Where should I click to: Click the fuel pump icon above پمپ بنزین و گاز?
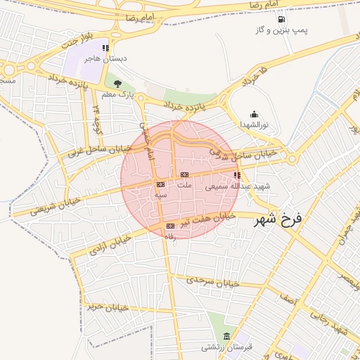(281, 19)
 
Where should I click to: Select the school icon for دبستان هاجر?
(105, 49)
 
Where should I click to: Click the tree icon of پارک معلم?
(127, 84)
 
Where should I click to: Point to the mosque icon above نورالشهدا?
(253, 114)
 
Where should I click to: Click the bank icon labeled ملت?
(184, 174)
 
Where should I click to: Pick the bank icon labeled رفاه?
(170, 226)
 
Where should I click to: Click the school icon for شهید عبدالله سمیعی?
(237, 175)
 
